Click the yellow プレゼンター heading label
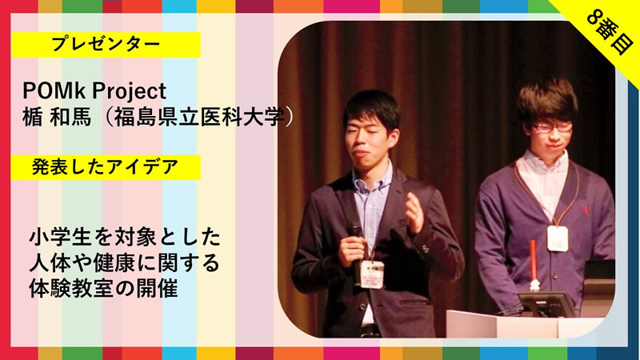coord(106,45)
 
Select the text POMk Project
coord(94,90)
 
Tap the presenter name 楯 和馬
coord(57,118)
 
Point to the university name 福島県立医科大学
coord(198,118)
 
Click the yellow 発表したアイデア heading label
coord(106,167)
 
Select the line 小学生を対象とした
coord(125,238)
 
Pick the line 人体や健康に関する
coord(125,263)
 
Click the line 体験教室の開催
coord(103,289)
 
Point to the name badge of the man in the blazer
coord(372,274)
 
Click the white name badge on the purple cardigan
coord(558,238)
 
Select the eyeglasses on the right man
coord(552,127)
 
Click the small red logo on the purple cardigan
coord(586,210)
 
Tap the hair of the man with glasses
coord(547,100)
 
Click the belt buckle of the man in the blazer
coord(370,330)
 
